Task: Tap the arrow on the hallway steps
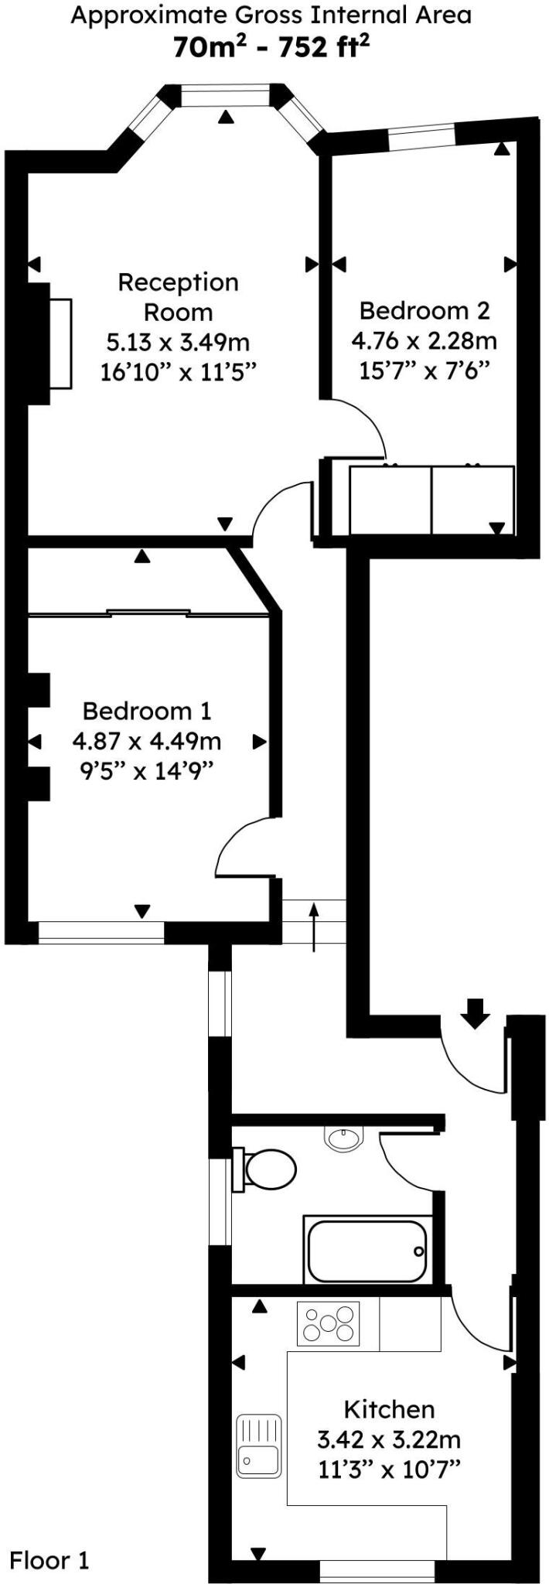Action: pyautogui.click(x=314, y=925)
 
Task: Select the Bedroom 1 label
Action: pyautogui.click(x=147, y=710)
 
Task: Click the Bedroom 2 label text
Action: pyautogui.click(x=425, y=310)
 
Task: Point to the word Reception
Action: pyautogui.click(x=178, y=282)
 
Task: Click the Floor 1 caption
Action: pyautogui.click(x=49, y=1559)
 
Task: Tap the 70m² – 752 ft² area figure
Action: pyautogui.click(x=271, y=48)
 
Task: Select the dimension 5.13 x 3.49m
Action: pyautogui.click(x=177, y=342)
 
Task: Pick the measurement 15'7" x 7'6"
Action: pyautogui.click(x=425, y=370)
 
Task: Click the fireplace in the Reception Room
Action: pyautogui.click(x=60, y=343)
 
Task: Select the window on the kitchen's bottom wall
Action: pyautogui.click(x=377, y=1570)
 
